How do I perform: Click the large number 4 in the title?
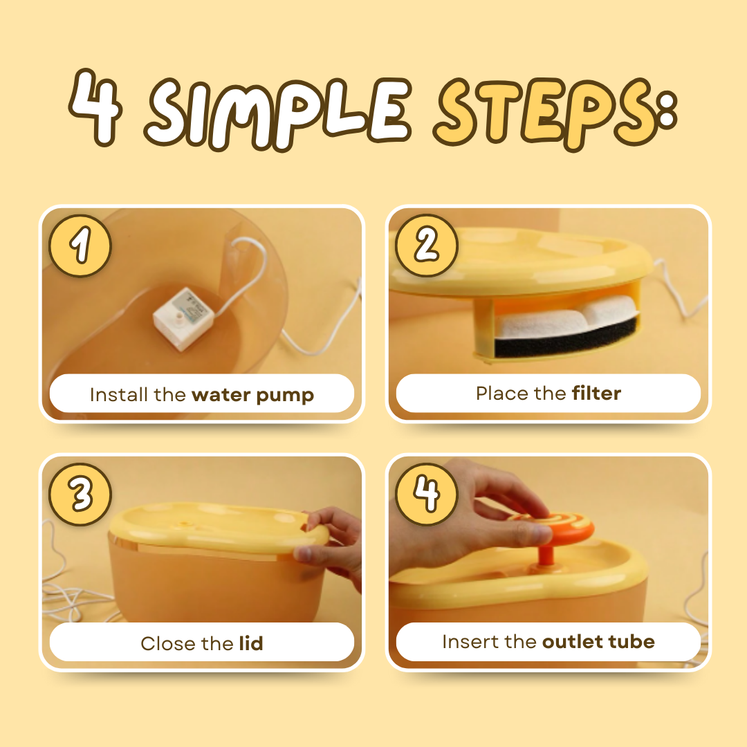point(95,107)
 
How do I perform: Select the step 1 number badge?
point(80,246)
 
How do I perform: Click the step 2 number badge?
point(426,246)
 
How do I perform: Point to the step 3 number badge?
point(80,494)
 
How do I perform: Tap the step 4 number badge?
point(426,494)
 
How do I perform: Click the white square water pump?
point(184,317)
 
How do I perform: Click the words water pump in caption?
point(253,396)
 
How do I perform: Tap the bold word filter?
point(596,393)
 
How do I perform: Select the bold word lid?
point(251,643)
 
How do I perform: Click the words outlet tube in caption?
point(598,642)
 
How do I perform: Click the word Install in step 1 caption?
point(119,394)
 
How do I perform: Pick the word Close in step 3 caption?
point(168,643)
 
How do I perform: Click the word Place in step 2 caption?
point(502,393)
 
